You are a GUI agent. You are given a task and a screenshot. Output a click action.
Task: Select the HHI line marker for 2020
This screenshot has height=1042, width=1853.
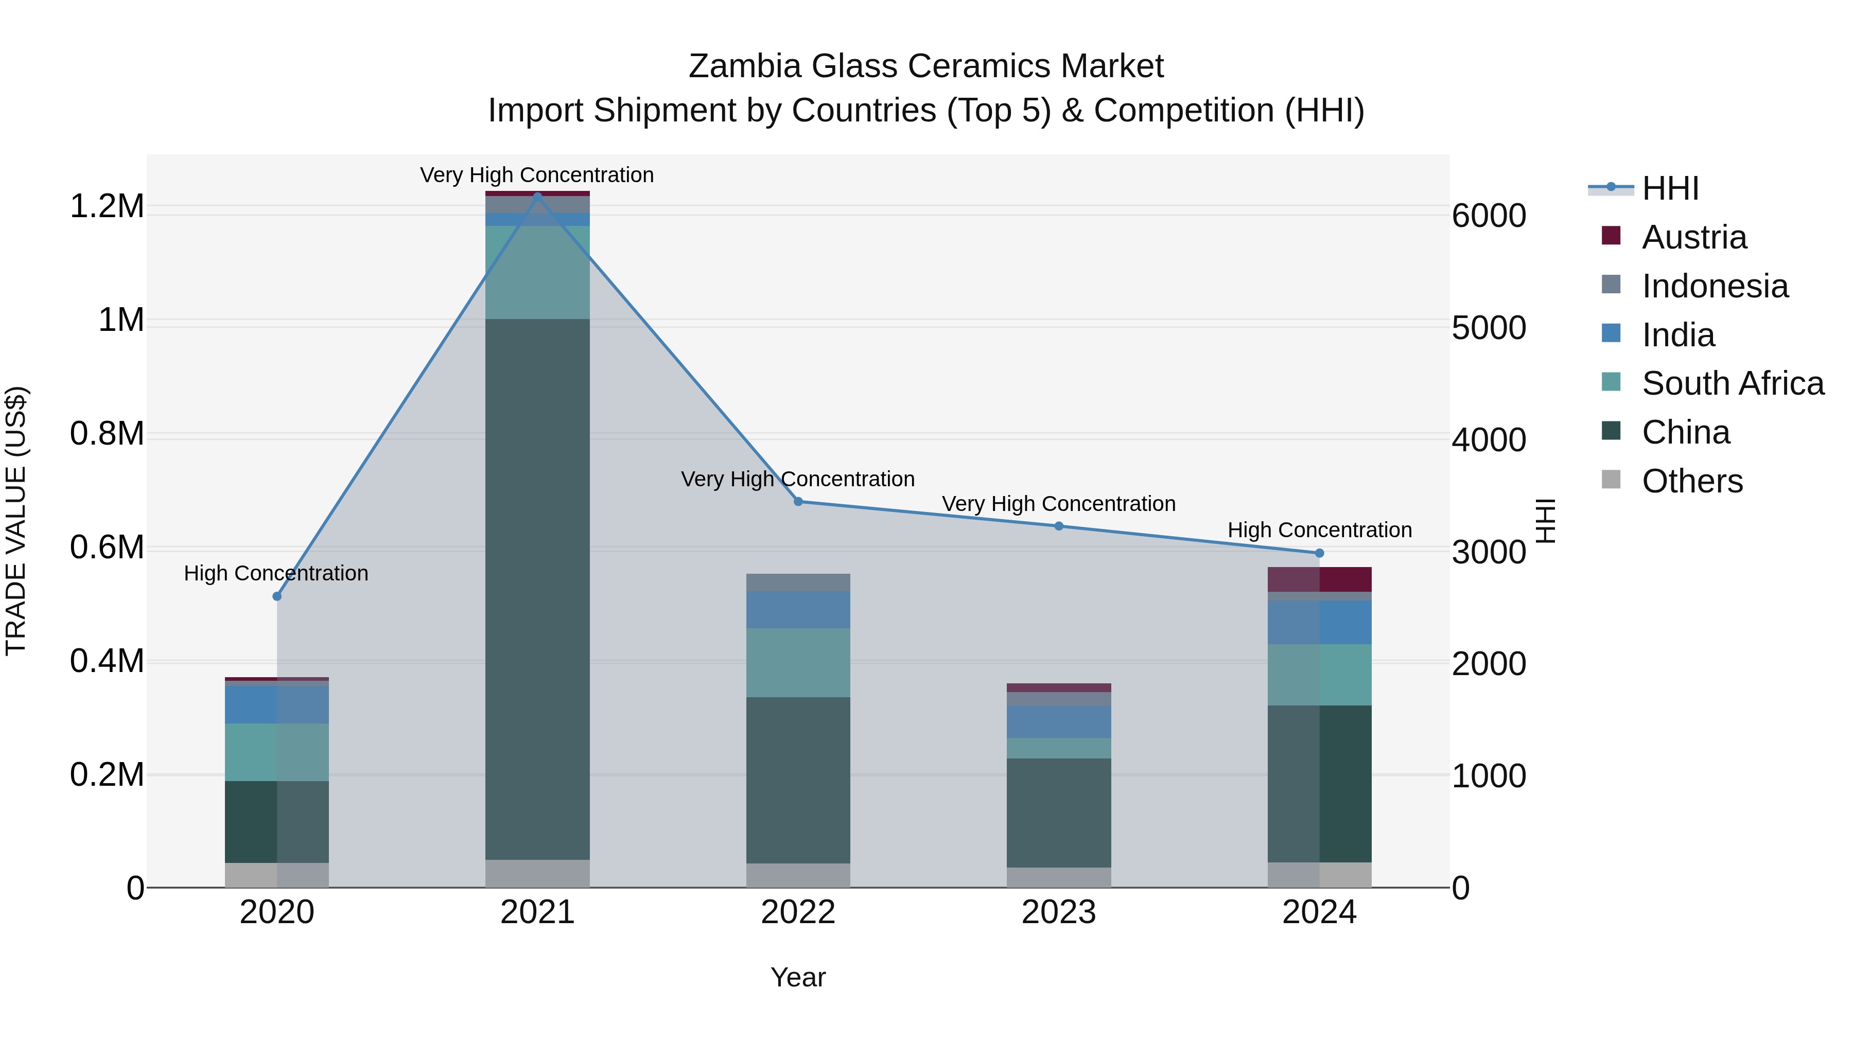[x=277, y=596]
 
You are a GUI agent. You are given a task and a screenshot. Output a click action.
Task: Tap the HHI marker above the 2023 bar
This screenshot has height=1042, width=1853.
[x=1059, y=526]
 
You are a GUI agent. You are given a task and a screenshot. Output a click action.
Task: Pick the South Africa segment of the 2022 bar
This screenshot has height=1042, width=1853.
[x=798, y=662]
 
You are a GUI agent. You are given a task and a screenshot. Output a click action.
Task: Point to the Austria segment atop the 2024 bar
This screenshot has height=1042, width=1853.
[x=1319, y=579]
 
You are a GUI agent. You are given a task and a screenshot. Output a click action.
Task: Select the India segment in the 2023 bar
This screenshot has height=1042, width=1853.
[x=1059, y=721]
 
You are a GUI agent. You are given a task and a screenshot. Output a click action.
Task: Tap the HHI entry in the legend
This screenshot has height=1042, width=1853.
[x=1670, y=188]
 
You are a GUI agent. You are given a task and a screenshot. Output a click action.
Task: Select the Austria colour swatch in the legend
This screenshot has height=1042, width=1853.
[x=1611, y=236]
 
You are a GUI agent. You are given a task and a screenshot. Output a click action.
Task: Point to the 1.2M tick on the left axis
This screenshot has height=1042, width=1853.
[x=107, y=206]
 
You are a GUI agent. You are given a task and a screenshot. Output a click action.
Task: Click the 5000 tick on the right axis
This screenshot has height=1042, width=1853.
[x=1488, y=328]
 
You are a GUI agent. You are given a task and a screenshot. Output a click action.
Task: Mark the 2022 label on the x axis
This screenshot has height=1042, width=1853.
[x=798, y=912]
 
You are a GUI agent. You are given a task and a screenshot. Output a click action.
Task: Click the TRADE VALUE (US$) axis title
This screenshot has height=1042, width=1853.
[x=16, y=521]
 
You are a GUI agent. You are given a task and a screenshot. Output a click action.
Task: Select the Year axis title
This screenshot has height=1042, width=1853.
[x=798, y=977]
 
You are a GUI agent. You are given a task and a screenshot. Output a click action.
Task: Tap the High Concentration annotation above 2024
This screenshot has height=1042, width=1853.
[x=1319, y=530]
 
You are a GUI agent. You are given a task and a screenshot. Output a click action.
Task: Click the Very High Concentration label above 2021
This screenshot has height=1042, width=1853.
[x=537, y=175]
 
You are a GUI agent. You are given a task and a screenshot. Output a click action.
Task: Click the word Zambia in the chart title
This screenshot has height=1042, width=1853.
[x=744, y=66]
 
